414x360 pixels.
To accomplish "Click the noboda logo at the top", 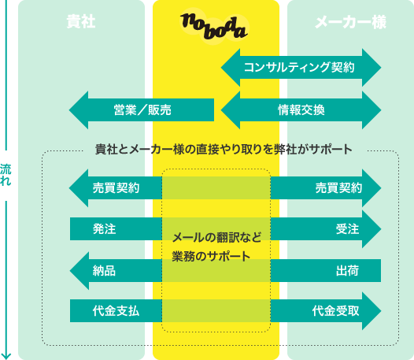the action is [214, 27].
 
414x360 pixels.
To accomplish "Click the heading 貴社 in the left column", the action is [81, 21].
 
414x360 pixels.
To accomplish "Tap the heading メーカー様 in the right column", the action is [350, 22].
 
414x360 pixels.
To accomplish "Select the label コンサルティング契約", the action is [299, 67].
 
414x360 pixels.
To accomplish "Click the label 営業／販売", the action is [142, 110].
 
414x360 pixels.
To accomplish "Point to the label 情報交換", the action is [301, 110].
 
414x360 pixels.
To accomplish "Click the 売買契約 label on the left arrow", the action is [116, 188].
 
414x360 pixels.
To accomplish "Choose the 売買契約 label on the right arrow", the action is [338, 188].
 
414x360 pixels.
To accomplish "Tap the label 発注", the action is [105, 229].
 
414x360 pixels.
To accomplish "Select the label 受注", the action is [347, 229].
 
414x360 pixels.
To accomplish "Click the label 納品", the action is [104, 271].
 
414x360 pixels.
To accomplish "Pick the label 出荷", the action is [347, 271].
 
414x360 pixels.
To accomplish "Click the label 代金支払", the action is [116, 311].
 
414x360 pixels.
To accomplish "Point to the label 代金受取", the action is [336, 311].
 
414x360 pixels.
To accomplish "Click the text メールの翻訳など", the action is [216, 237].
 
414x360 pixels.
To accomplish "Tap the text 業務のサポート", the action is [211, 256].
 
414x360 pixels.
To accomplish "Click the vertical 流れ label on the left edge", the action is [6, 175].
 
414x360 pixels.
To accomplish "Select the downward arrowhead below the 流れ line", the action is [6, 356].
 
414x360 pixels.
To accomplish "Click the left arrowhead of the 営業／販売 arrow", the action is [79, 110].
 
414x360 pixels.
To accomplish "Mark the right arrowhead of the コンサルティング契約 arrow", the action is [371, 68].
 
